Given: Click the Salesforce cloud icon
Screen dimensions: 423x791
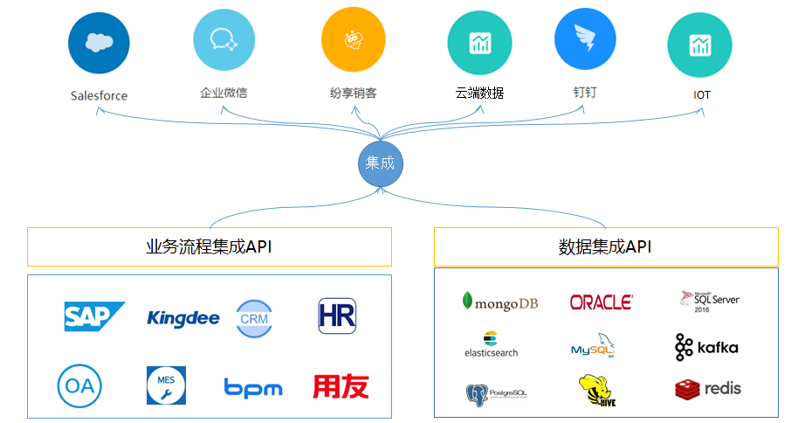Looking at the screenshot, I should [x=99, y=43].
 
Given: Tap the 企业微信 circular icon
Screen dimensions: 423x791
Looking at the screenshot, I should [x=224, y=39].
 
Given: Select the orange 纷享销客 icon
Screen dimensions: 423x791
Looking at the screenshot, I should [x=353, y=40].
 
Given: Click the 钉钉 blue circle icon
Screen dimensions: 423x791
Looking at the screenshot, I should [x=585, y=41].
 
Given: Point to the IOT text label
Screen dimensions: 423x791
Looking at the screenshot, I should [x=702, y=94].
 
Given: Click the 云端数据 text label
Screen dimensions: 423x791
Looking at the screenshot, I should [x=479, y=93].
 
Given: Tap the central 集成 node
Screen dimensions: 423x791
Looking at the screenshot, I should [x=380, y=163].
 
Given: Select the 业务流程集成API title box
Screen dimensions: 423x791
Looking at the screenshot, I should [x=210, y=246].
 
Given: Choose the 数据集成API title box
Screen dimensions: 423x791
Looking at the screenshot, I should [x=605, y=247].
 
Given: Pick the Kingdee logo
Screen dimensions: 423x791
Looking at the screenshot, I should [x=183, y=317].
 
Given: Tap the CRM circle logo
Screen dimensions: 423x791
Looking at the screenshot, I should [x=254, y=318].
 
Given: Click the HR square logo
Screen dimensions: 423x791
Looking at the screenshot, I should [x=338, y=316].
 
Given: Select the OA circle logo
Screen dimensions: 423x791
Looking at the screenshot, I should [x=80, y=385].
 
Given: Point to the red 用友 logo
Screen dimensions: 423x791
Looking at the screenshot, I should [x=340, y=386].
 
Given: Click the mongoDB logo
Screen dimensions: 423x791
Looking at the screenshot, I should [x=499, y=302].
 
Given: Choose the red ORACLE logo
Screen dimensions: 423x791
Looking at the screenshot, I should [x=601, y=302].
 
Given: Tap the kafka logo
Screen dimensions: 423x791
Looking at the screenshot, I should [x=706, y=347].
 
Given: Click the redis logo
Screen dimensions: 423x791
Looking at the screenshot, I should [x=708, y=388].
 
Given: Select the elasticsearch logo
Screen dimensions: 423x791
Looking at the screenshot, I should [x=491, y=344].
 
